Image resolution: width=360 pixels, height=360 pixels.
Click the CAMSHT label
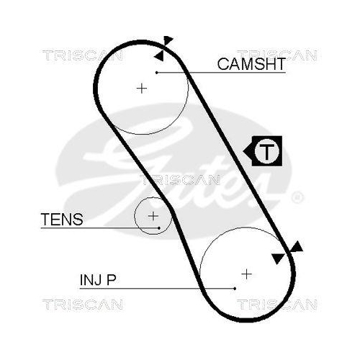point(251,64)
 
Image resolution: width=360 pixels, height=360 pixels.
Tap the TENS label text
point(62,219)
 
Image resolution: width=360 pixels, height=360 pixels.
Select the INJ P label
point(98,279)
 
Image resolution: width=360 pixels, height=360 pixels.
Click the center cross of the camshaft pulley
point(142,89)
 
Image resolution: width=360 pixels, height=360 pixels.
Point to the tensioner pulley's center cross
point(153,216)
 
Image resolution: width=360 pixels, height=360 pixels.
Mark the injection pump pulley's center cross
point(247,274)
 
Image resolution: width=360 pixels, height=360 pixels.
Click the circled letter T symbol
point(266,151)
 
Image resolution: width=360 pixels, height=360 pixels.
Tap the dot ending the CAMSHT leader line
point(157,73)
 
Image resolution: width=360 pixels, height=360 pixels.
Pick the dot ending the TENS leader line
point(159,228)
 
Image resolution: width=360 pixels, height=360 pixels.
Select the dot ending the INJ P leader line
point(235,289)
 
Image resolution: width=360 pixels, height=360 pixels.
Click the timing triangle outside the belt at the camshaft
point(168,40)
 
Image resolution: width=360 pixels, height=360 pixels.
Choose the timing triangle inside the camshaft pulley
point(159,55)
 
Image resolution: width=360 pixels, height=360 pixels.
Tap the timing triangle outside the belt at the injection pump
point(297,247)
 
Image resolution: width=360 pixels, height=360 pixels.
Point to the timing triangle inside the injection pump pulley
point(277,258)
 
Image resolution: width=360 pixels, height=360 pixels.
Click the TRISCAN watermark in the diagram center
point(179,180)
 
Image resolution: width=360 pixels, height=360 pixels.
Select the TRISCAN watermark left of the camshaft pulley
point(83,55)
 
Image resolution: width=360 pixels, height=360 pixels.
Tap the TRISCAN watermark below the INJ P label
point(83,305)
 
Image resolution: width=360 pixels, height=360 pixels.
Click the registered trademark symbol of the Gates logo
point(297,197)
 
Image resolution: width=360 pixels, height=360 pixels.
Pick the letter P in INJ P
point(112,279)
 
